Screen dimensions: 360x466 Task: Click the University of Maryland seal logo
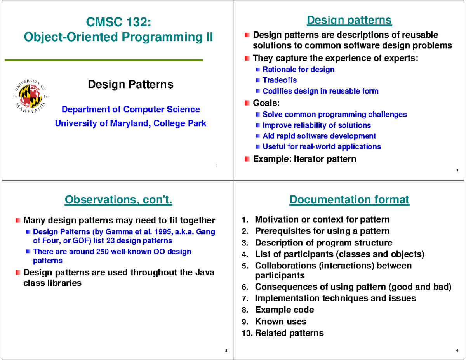click(30, 92)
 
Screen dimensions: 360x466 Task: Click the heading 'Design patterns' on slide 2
click(349, 20)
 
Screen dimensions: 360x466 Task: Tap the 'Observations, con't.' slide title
click(118, 200)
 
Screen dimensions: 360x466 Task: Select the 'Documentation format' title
click(349, 200)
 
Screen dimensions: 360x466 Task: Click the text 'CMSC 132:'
click(118, 22)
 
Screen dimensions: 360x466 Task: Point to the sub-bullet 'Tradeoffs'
click(280, 80)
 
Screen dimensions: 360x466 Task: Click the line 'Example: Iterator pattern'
click(304, 159)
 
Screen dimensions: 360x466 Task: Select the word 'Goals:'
click(266, 103)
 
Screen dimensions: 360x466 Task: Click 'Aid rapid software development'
click(319, 136)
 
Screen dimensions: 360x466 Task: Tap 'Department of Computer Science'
click(131, 110)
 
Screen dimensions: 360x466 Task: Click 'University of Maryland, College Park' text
click(131, 123)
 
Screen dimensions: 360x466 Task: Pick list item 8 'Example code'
click(284, 310)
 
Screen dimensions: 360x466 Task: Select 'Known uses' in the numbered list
click(280, 322)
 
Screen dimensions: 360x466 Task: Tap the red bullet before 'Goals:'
click(247, 103)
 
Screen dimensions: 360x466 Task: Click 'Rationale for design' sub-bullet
click(298, 70)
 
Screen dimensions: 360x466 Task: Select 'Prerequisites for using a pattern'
click(322, 231)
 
